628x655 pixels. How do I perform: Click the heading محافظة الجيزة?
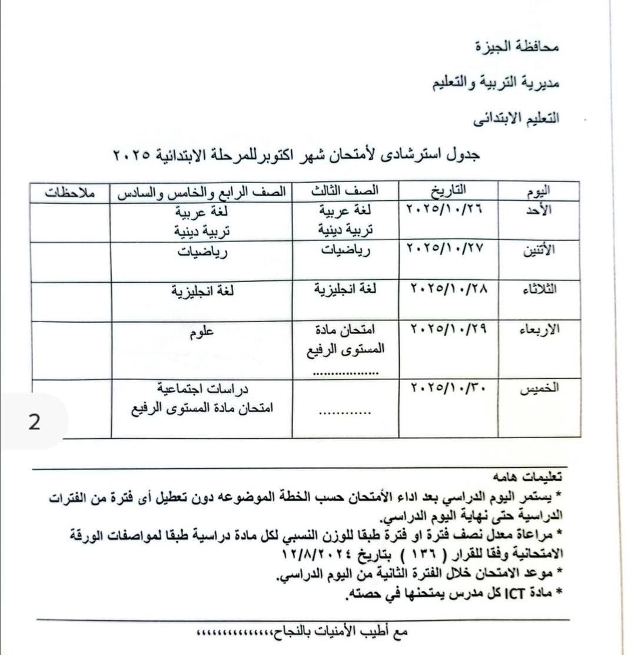click(x=517, y=47)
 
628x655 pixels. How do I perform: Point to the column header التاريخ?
click(x=448, y=190)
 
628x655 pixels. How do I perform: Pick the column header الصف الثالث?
click(x=345, y=191)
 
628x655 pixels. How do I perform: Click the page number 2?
click(x=34, y=422)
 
